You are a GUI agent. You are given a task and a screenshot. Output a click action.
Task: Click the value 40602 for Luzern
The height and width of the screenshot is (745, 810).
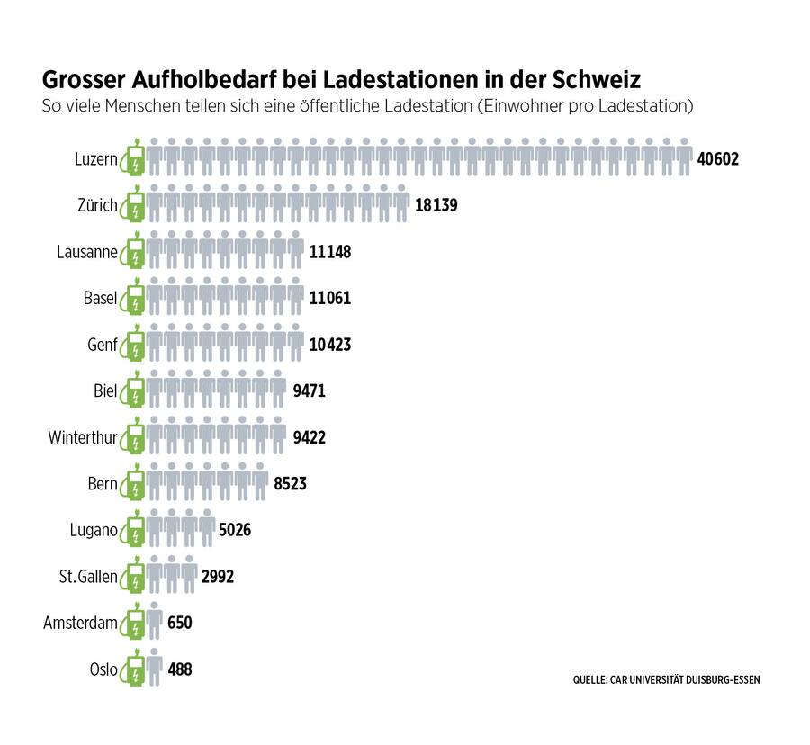pos(717,159)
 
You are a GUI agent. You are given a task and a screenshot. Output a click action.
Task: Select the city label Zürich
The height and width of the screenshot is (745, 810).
pos(97,206)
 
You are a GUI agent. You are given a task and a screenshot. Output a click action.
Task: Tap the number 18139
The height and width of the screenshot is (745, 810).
pos(436,205)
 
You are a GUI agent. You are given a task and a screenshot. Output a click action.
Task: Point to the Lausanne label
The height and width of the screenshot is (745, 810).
pos(86,252)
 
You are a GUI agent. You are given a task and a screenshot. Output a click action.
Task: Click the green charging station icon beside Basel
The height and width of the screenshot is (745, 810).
pos(134,297)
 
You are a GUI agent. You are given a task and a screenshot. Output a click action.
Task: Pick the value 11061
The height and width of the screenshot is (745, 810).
pos(329,298)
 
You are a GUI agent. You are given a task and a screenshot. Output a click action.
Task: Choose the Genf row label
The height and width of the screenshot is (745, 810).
pos(102,345)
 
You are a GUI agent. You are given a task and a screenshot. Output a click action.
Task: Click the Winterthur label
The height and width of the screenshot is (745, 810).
pos(83,437)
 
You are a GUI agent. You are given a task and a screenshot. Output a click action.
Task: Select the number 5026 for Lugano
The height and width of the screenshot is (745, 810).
pos(235,530)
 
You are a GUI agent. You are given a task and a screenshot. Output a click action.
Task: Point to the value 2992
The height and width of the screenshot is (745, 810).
pos(217,577)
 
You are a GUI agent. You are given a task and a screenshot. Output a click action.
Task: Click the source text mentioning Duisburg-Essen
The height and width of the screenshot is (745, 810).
pos(666,679)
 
